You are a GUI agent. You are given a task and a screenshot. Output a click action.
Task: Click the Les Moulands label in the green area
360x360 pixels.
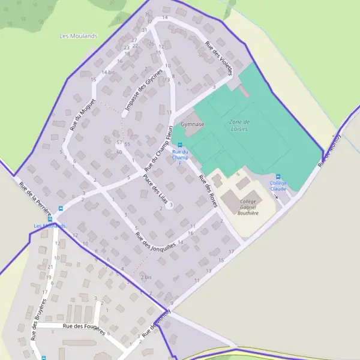tap(79, 36)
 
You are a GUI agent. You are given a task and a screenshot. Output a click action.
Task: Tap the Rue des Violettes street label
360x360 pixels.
tap(218, 58)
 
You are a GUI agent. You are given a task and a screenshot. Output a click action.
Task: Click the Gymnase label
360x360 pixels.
tap(193, 124)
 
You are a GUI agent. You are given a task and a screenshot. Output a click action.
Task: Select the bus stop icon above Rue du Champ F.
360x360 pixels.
tap(180, 145)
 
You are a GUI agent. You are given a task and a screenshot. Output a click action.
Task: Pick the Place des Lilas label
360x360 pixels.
tap(155, 189)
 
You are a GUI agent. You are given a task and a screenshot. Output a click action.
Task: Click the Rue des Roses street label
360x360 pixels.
tap(207, 191)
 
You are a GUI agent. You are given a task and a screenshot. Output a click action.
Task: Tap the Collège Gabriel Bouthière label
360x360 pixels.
tap(248, 207)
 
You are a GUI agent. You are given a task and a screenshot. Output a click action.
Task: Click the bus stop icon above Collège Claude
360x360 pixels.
tap(278, 176)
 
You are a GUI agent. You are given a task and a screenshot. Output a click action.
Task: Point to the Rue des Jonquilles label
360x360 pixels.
tap(155, 237)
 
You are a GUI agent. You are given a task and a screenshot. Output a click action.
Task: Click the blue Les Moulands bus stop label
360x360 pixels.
tap(50, 226)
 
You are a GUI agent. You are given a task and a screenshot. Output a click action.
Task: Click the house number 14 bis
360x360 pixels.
tap(108, 72)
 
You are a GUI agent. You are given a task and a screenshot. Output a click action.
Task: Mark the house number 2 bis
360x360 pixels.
tap(146, 277)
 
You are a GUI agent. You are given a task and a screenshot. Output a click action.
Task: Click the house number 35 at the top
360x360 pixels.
tap(147, 14)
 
